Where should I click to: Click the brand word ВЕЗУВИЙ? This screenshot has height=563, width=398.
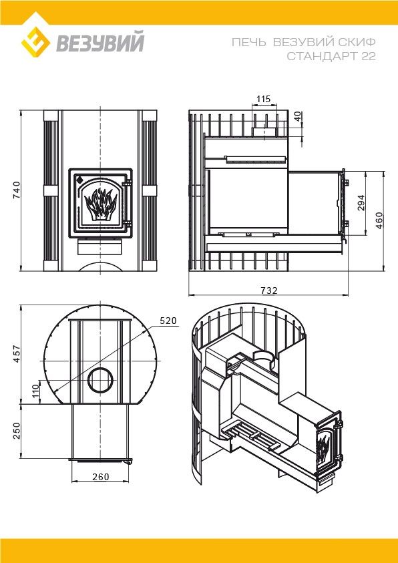pyautogui.click(x=100, y=42)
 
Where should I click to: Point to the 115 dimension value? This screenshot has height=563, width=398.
pyautogui.click(x=264, y=99)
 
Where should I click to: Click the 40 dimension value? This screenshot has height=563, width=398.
pyautogui.click(x=298, y=118)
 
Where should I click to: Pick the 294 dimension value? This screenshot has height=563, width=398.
pyautogui.click(x=360, y=202)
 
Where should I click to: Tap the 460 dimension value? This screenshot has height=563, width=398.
pyautogui.click(x=379, y=220)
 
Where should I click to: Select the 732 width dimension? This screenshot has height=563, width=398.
pyautogui.click(x=269, y=290)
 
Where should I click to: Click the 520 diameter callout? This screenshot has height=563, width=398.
pyautogui.click(x=168, y=321)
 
